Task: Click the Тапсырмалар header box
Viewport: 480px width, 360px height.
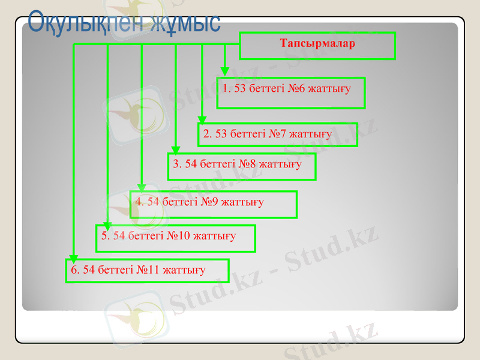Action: [x=317, y=46]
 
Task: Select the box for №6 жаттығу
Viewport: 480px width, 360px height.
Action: [x=291, y=92]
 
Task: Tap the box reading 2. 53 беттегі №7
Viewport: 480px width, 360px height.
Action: [x=277, y=134]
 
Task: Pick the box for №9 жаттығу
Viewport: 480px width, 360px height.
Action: [x=213, y=204]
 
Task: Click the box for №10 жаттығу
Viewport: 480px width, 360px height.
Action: [x=176, y=238]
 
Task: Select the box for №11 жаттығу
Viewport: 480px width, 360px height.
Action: [x=147, y=271]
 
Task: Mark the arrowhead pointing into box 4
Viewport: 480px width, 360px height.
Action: [x=142, y=187]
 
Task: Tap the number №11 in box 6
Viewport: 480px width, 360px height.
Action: [x=148, y=269]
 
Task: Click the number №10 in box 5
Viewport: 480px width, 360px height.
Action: [x=178, y=236]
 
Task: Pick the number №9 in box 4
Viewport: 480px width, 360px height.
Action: [x=209, y=202]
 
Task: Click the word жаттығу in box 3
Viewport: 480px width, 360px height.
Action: [x=281, y=164]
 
